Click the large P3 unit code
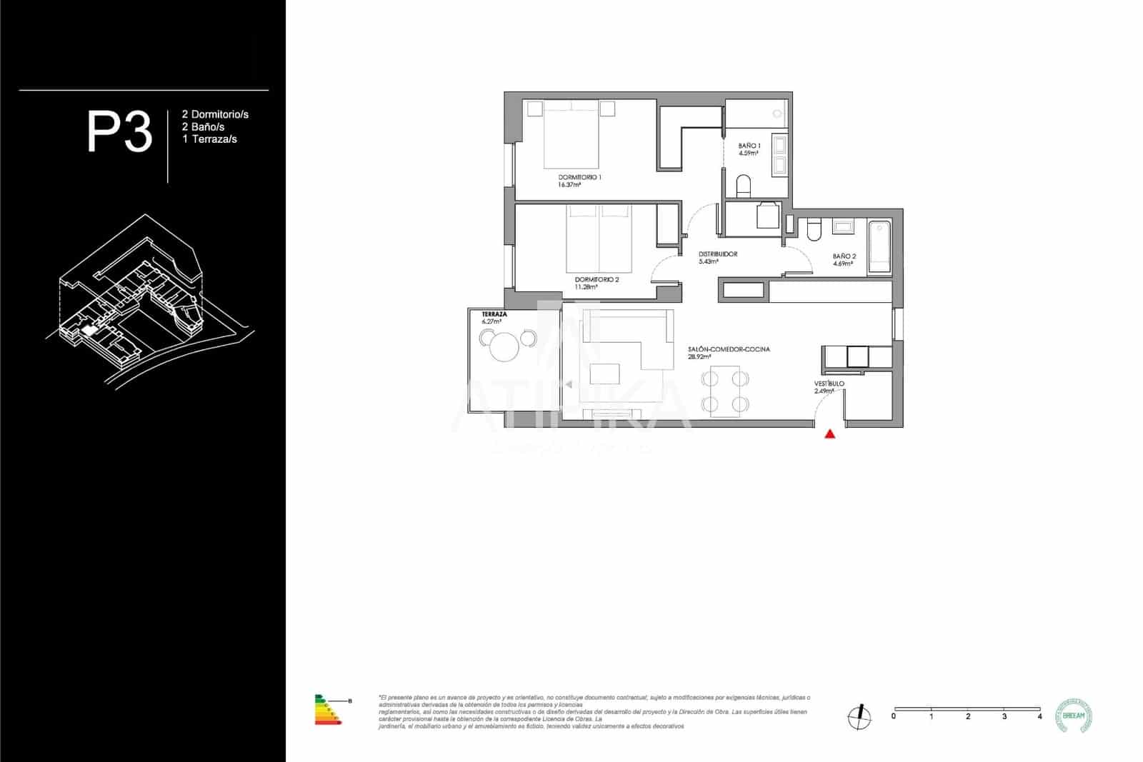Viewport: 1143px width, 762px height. [x=119, y=132]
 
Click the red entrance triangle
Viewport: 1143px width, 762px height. [x=829, y=433]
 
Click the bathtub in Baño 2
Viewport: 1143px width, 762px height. [x=879, y=247]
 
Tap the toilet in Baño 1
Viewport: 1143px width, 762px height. [x=743, y=187]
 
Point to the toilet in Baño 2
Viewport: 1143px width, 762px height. [x=814, y=229]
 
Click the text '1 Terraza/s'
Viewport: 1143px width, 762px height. [x=209, y=139]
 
